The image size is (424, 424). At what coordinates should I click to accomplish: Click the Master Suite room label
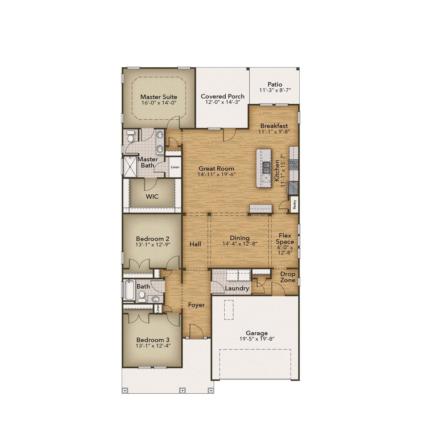tap(159, 97)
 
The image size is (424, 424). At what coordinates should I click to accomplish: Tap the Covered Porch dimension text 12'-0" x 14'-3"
tap(222, 102)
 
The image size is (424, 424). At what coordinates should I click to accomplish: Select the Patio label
tap(275, 84)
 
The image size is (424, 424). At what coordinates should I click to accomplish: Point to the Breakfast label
tap(274, 126)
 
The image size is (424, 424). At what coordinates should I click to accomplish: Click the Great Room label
tap(216, 169)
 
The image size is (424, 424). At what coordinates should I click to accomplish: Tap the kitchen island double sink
tap(266, 168)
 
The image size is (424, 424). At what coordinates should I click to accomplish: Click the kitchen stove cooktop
tap(294, 165)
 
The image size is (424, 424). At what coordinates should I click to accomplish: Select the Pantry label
tap(295, 204)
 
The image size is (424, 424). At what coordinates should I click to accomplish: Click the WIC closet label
tap(152, 196)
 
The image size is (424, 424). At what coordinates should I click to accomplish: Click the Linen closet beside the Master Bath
tap(175, 167)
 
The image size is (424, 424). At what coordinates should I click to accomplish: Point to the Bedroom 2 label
tap(153, 239)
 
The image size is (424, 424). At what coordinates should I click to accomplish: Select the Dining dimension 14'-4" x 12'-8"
tap(240, 244)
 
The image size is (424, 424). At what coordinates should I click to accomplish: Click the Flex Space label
tap(285, 238)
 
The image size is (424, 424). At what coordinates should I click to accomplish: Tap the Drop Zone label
tap(288, 277)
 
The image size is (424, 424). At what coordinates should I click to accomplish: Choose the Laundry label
tap(237, 288)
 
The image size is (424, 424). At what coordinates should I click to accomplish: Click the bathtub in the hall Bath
tap(129, 289)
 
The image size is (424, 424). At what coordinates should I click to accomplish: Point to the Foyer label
tap(196, 305)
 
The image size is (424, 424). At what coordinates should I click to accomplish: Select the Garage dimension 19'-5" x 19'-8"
tap(257, 339)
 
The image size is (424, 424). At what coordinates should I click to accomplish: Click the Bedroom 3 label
tap(153, 340)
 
